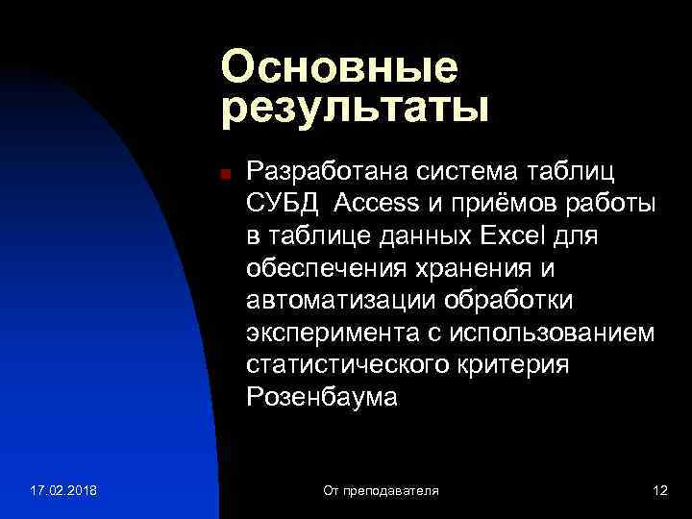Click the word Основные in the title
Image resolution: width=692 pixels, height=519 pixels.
pos(338,68)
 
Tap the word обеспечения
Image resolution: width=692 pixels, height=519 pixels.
pos(329,268)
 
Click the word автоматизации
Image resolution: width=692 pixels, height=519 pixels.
pos(340,301)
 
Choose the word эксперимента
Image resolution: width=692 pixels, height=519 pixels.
pos(325,333)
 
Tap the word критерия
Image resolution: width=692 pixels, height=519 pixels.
pos(515,365)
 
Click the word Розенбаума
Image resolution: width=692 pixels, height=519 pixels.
pos(321,397)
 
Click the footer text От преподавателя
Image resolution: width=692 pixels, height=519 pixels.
pos(381,491)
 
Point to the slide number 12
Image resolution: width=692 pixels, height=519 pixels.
pos(659,491)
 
